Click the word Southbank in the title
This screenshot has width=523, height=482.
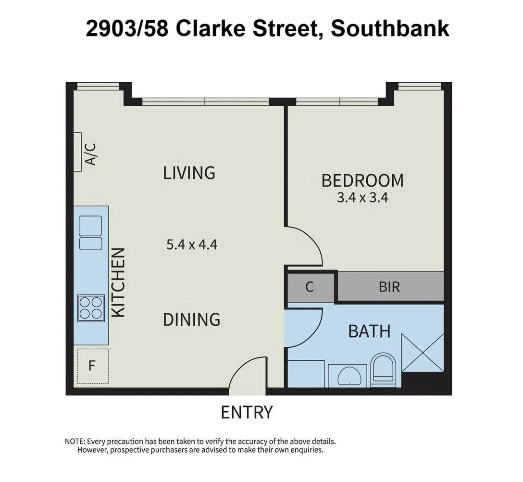(390, 28)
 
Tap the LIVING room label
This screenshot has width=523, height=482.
(189, 172)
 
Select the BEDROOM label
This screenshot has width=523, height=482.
(362, 181)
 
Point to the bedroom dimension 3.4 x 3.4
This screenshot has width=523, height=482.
(362, 198)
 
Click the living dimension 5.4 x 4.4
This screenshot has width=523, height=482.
(192, 245)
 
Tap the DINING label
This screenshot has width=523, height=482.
(191, 319)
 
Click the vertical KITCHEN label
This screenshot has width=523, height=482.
(118, 282)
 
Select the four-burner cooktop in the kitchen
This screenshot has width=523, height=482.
(91, 308)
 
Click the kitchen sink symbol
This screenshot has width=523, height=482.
(90, 232)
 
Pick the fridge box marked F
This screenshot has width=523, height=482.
(92, 366)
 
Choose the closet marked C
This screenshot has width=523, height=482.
(310, 287)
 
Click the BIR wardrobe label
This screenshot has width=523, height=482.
(389, 287)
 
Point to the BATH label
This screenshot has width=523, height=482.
(369, 331)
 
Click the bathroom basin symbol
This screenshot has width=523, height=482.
(347, 376)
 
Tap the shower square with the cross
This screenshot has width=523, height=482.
(422, 352)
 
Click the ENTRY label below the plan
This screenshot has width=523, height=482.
(247, 412)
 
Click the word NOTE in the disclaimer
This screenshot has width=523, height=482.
(75, 441)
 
